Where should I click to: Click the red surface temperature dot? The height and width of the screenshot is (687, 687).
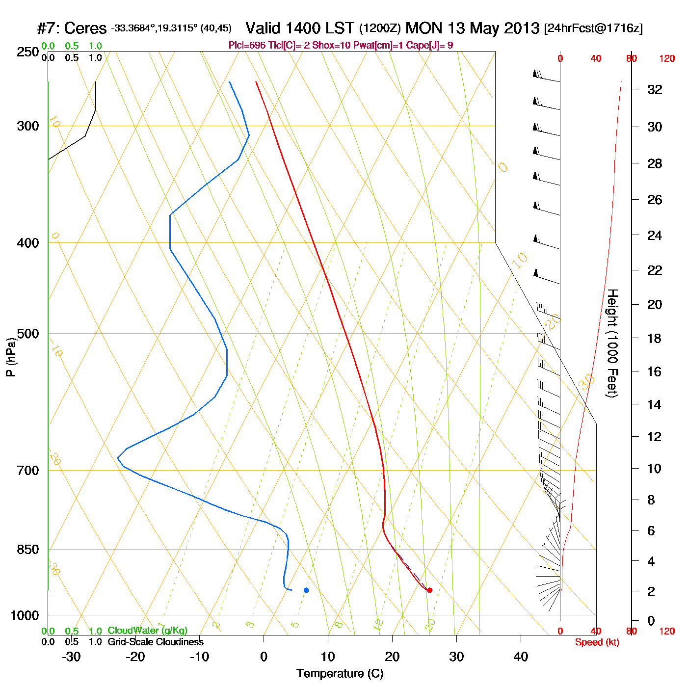pos(429,590)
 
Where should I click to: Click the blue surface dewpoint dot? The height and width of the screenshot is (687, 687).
pos(306,590)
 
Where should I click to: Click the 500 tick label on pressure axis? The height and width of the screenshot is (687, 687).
pos(28,334)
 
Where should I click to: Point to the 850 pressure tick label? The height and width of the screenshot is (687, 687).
pos(28,550)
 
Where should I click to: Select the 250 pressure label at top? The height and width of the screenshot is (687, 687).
pos(28,52)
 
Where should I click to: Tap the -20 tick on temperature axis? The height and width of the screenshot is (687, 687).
pos(135,657)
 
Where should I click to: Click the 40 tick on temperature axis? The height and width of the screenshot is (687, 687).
pos(521,657)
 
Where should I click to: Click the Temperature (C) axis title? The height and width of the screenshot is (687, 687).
pos(340,674)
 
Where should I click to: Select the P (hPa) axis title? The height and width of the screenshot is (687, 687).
pos(11,357)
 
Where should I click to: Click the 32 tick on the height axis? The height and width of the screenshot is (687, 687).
pos(655,89)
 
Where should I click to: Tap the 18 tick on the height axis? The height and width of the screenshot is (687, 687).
pos(655,338)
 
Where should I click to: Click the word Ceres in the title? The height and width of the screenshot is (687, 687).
pos(85,28)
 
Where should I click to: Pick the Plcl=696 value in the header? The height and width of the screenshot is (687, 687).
pos(247,46)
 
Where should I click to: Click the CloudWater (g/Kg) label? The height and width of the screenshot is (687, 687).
pos(147,631)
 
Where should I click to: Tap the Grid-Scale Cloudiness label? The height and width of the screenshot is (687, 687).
pos(156,642)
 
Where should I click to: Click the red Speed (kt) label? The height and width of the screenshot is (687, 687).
pos(597,642)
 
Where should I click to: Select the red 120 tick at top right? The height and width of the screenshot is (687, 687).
pos(667,59)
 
